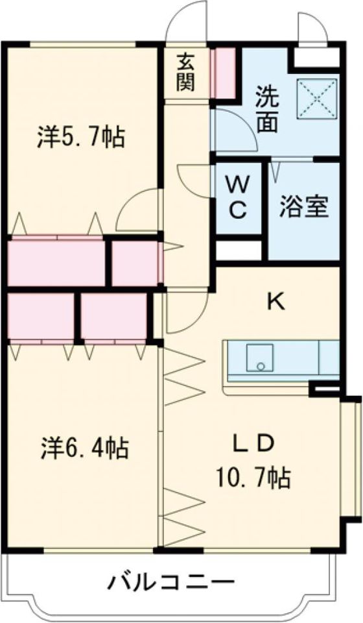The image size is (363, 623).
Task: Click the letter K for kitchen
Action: (x=276, y=300)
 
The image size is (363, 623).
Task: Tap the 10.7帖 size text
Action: (x=253, y=479)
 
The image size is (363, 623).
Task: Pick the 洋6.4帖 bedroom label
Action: (x=84, y=447)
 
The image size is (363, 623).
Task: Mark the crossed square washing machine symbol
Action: (x=317, y=99)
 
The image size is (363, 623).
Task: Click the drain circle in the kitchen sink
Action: (x=261, y=366)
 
